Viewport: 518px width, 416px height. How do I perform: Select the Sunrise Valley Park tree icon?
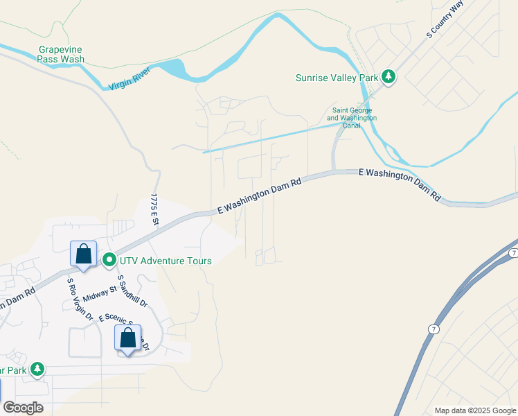click(x=388, y=77)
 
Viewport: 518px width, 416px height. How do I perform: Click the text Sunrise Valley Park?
click(x=337, y=78)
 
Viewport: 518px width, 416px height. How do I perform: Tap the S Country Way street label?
click(x=445, y=19)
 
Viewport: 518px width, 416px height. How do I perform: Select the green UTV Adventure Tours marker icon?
click(x=109, y=261)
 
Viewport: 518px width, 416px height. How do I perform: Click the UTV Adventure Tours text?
click(x=165, y=261)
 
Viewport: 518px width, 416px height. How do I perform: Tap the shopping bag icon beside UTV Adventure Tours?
click(x=83, y=254)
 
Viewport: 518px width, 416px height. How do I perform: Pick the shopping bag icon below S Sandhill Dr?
click(x=127, y=338)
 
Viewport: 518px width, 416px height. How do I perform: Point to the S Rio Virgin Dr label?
click(x=80, y=299)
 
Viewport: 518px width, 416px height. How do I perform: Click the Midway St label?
click(x=100, y=294)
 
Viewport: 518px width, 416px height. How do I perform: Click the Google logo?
click(x=23, y=408)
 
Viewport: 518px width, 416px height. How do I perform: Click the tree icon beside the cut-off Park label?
click(x=38, y=370)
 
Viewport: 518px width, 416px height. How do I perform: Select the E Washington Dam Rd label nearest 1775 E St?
click(x=260, y=195)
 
